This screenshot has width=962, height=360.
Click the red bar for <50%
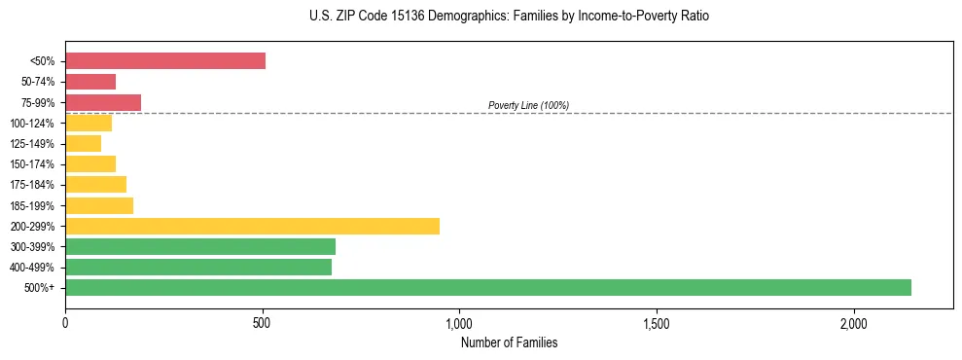[x=165, y=61]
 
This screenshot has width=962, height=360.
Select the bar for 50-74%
[x=90, y=82]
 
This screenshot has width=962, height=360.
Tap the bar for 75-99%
[x=103, y=102]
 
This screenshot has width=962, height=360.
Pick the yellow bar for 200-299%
[x=252, y=226]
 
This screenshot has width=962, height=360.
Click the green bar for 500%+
[x=488, y=287]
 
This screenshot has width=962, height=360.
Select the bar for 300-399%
[x=200, y=246]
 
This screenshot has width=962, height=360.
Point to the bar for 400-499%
[x=198, y=267]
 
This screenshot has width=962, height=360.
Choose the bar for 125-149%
[x=83, y=144]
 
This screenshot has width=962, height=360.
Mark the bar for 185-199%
[x=99, y=205]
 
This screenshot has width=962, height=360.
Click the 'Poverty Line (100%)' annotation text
[x=528, y=105]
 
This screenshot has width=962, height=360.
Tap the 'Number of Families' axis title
[x=509, y=342]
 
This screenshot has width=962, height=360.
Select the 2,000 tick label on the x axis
[x=853, y=322]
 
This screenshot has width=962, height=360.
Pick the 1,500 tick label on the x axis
[x=657, y=322]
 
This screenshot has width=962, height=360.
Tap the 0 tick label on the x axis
[x=65, y=322]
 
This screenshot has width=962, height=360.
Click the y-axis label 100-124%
[x=32, y=124]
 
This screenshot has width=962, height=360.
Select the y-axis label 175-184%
[x=32, y=185]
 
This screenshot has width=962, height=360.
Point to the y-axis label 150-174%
[x=32, y=164]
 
